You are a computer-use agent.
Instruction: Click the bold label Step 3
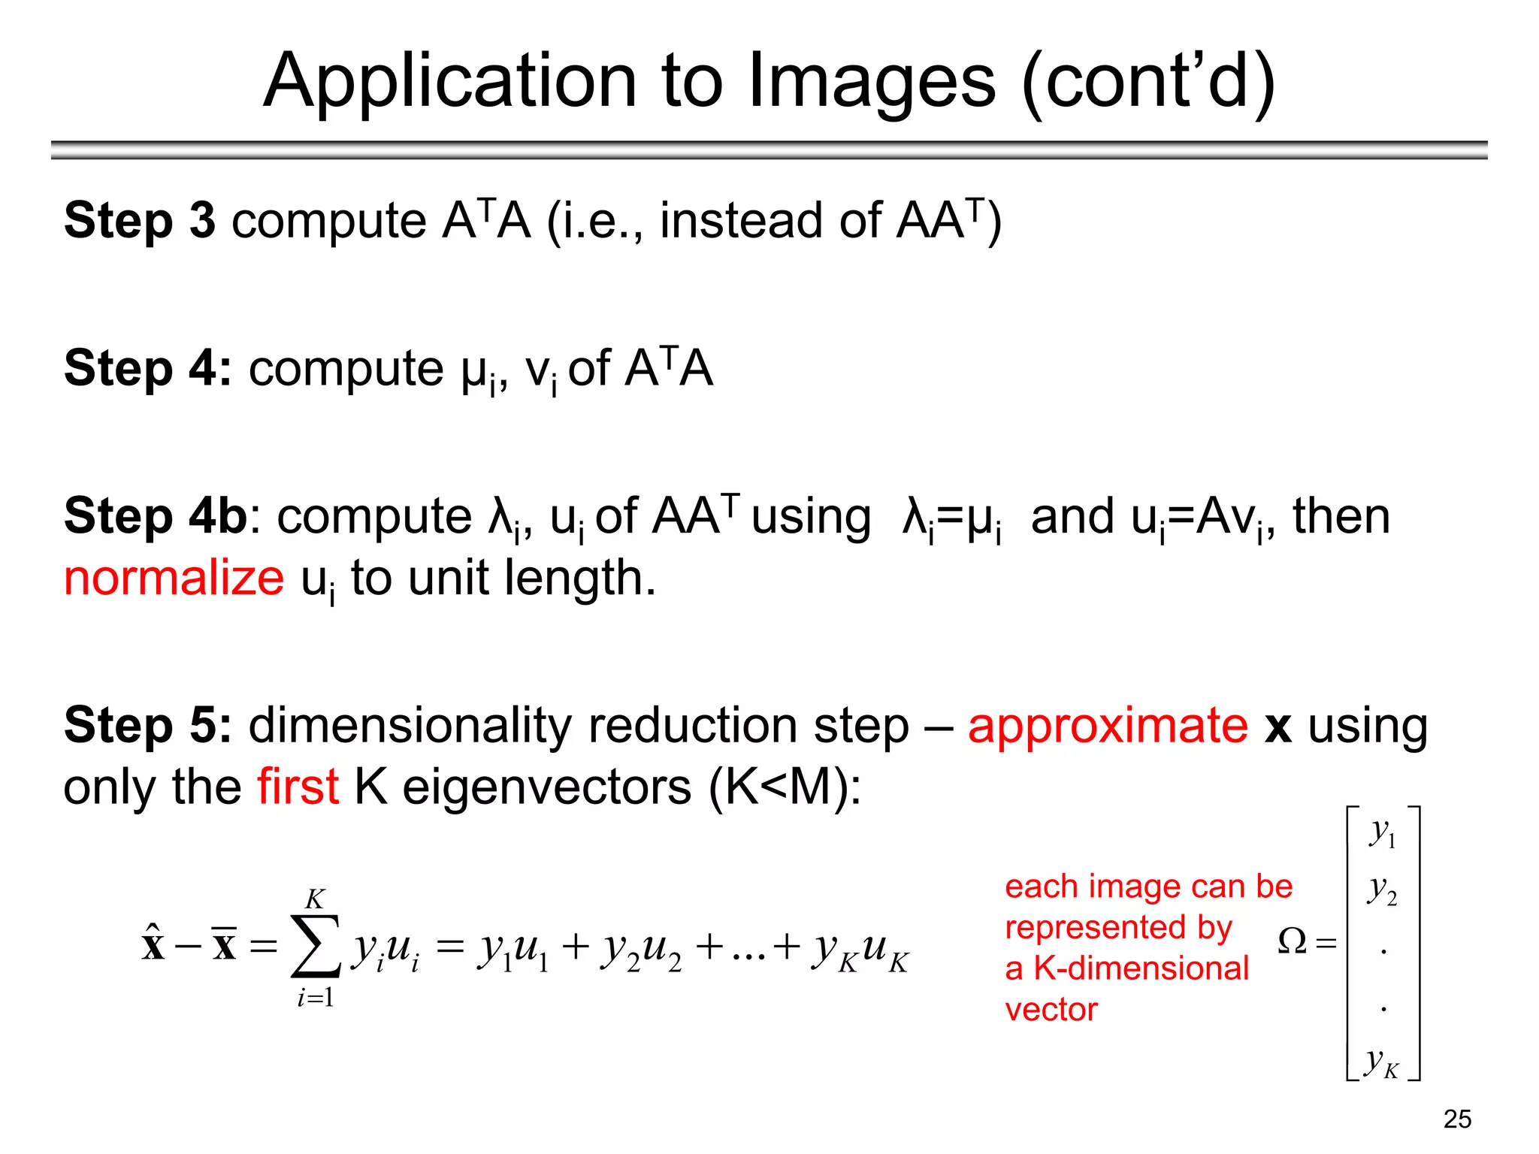[140, 220]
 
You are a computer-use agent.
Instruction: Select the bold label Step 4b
[156, 516]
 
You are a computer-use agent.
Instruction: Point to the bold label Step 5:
[148, 725]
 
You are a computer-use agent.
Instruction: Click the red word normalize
[174, 578]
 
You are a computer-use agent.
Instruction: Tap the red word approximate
[1108, 725]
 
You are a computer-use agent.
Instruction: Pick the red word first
[298, 787]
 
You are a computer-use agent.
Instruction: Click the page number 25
[1457, 1119]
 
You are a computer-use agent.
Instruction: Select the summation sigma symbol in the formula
[316, 947]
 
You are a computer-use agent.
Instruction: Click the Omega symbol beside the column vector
[1293, 941]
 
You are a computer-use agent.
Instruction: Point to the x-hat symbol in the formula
[153, 944]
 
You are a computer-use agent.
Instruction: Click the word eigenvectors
[547, 787]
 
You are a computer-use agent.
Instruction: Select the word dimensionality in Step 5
[410, 725]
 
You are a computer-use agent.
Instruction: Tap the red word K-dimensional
[1141, 968]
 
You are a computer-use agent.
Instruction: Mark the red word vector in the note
[1051, 1010]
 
